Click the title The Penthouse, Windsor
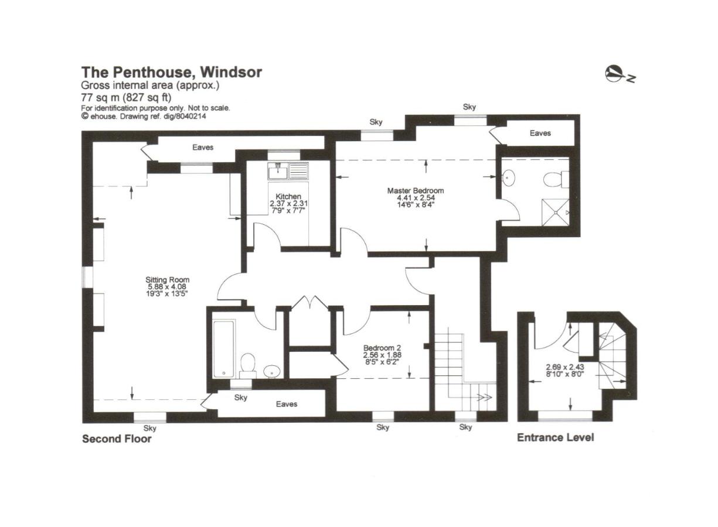pyautogui.click(x=171, y=72)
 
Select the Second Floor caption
pyautogui.click(x=117, y=439)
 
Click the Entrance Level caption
pyautogui.click(x=555, y=437)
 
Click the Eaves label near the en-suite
pyautogui.click(x=540, y=133)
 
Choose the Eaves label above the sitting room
pyautogui.click(x=203, y=147)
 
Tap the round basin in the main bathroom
pyautogui.click(x=271, y=370)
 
